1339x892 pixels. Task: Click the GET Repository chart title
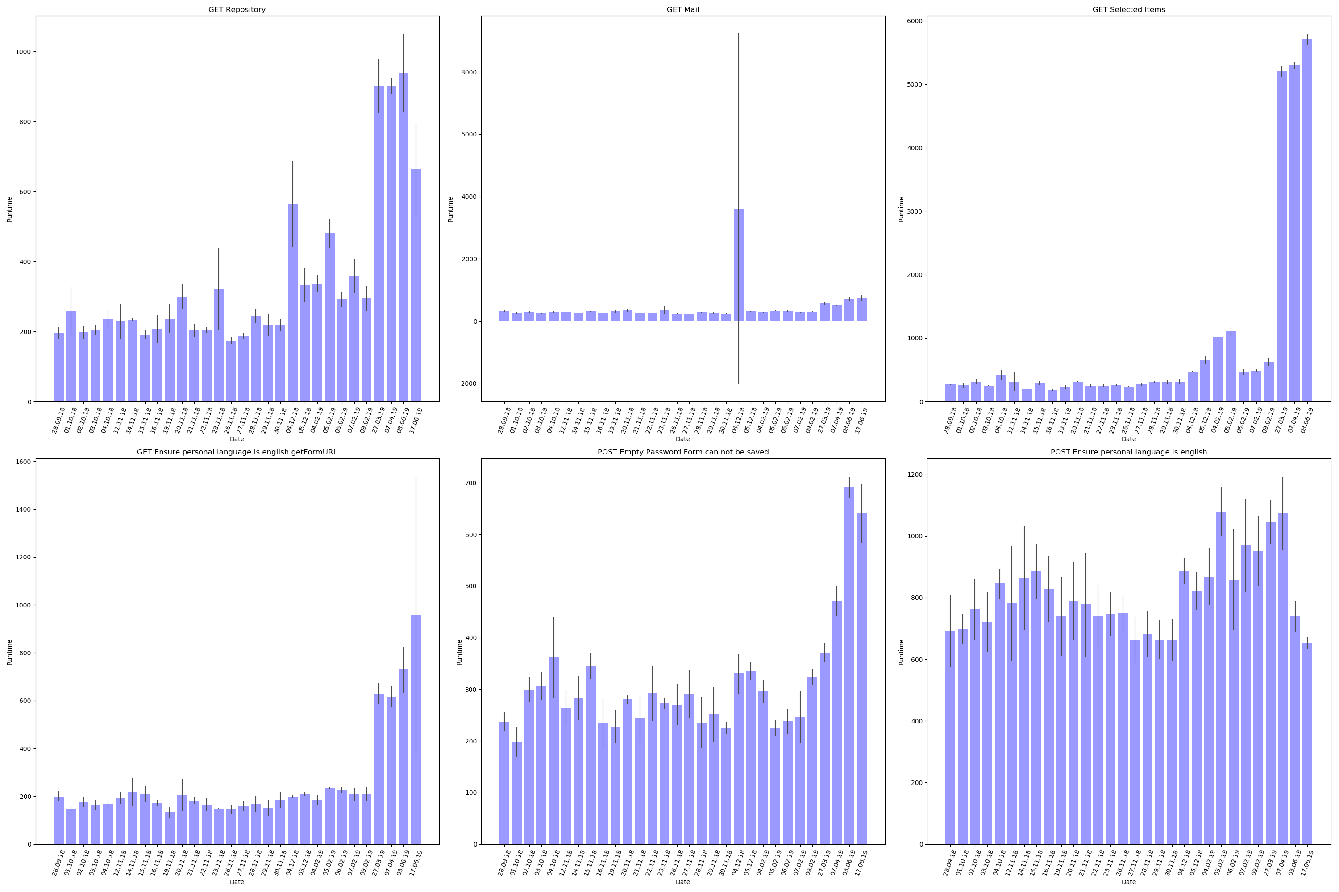[237, 10]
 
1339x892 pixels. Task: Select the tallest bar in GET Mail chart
[738, 264]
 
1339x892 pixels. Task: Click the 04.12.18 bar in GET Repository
[293, 303]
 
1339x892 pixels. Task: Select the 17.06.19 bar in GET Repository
[416, 285]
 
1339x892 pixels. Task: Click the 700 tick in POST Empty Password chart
[471, 483]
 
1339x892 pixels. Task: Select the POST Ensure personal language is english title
[1128, 452]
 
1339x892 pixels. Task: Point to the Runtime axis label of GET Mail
[450, 209]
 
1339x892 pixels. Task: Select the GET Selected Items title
[1128, 10]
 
